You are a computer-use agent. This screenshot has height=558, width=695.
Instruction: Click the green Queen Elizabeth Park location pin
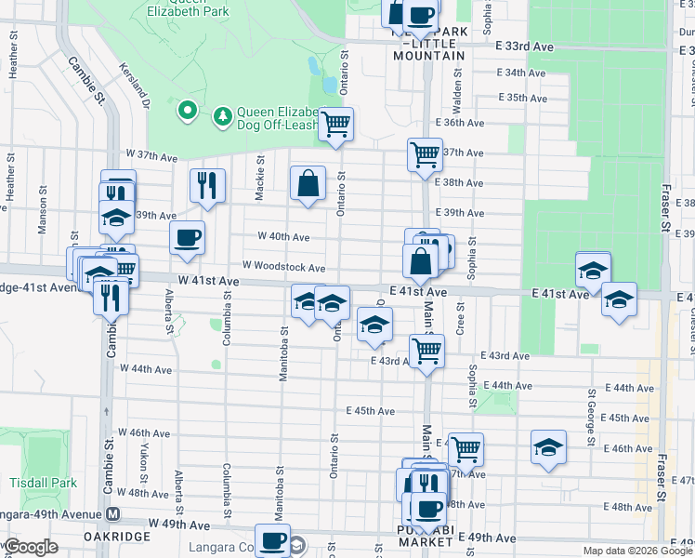tap(187, 112)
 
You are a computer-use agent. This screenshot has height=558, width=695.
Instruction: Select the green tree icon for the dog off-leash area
tap(223, 115)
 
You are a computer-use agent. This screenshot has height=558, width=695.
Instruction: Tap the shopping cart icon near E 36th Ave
tap(335, 124)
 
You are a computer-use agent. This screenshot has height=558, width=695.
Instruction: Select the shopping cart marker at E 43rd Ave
tap(426, 351)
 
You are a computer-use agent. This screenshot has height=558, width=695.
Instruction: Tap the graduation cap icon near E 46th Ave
tap(548, 446)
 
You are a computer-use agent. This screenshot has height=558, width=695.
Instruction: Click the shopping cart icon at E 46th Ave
tap(466, 449)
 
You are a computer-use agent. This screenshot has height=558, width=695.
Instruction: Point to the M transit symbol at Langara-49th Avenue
tap(113, 512)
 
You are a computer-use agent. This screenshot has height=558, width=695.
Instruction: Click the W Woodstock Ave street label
tap(282, 268)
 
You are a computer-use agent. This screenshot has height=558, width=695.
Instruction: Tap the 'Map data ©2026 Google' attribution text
tap(636, 551)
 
